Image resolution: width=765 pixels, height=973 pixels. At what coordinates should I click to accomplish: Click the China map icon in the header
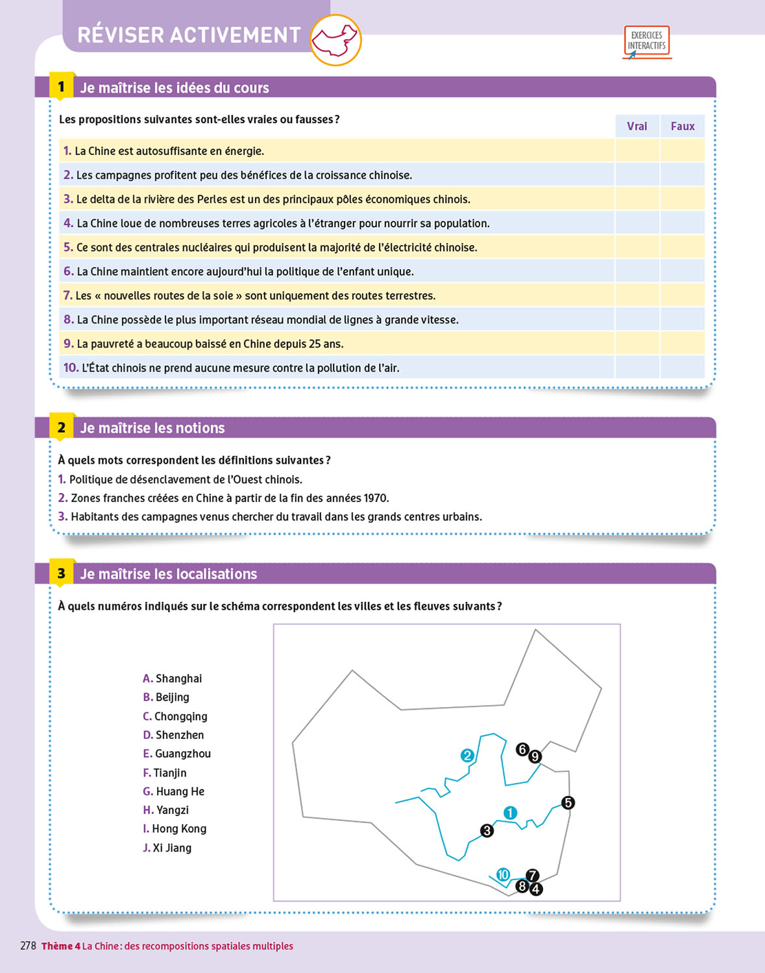coord(335,41)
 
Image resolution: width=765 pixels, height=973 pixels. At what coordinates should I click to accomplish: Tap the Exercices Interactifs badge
coord(646,41)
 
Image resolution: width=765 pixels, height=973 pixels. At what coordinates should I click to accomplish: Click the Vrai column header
coord(637,126)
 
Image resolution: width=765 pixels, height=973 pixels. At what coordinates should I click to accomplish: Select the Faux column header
coord(683,126)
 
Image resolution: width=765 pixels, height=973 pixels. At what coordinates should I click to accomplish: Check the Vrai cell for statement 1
coord(637,151)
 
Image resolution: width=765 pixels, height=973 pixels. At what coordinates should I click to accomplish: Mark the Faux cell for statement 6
coord(683,271)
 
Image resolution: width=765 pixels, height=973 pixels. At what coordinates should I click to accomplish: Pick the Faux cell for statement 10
coord(683,368)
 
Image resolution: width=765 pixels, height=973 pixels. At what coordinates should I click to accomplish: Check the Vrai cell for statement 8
coord(637,319)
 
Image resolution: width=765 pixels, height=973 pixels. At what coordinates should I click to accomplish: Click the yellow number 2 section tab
coord(62,427)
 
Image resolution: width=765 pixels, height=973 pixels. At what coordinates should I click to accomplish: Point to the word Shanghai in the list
coord(178,679)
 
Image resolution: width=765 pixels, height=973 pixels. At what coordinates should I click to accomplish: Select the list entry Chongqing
coord(180,716)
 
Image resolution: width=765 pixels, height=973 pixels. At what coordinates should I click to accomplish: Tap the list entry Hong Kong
coord(179,828)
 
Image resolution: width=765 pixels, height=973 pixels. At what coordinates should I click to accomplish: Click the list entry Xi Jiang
coord(172,848)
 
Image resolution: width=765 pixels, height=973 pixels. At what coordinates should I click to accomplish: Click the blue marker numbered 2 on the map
coord(467,756)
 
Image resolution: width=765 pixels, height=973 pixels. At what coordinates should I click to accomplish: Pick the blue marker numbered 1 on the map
coord(511,813)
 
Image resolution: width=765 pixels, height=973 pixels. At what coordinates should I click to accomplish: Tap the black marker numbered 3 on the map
coord(487,831)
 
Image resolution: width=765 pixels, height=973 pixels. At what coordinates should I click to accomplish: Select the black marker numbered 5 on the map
coord(568,803)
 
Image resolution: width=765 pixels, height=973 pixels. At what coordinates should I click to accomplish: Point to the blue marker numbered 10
coord(503,875)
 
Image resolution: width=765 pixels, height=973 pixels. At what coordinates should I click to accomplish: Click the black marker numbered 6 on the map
coord(522,750)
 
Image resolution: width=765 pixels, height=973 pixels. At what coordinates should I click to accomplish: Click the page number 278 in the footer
coord(28,946)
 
